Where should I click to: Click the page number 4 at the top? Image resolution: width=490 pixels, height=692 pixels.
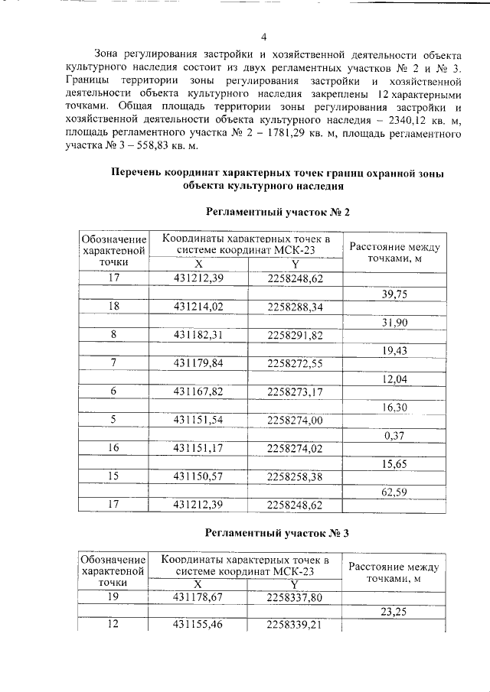tap(263, 37)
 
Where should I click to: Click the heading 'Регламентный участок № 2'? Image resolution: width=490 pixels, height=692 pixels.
tap(278, 211)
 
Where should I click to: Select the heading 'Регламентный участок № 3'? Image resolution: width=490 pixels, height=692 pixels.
tap(278, 532)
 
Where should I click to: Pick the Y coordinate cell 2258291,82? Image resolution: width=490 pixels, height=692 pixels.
tap(295, 335)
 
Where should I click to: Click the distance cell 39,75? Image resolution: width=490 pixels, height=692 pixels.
tap(394, 293)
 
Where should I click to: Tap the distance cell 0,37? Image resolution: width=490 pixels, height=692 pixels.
tap(394, 434)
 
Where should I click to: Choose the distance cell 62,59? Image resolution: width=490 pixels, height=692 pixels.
tap(394, 491)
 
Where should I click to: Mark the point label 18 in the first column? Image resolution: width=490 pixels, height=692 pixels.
tap(114, 307)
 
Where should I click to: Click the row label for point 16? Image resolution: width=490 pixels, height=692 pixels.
tap(114, 448)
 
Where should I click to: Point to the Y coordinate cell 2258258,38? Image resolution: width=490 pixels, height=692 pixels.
tap(295, 476)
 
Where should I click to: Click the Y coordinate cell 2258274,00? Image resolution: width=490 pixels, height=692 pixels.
tap(295, 420)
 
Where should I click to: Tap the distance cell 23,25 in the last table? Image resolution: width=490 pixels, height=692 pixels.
tap(394, 611)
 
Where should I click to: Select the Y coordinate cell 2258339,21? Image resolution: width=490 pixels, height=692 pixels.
tap(295, 625)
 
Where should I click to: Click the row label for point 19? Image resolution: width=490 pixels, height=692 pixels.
tap(114, 597)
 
